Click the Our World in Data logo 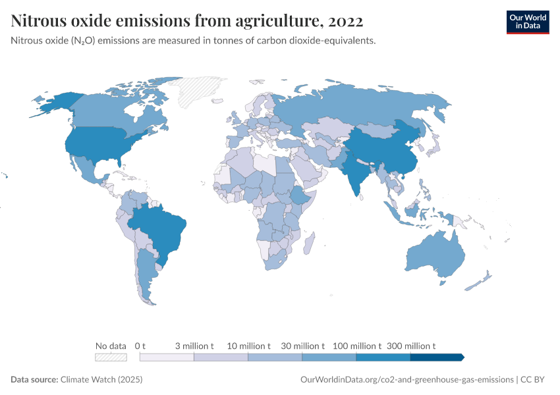pos(527,22)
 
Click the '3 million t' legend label pos(194,346)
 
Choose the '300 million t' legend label pos(410,346)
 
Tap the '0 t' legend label pos(140,346)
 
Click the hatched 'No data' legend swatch pos(111,357)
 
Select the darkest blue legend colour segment pos(436,357)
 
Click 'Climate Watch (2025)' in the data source pos(101,380)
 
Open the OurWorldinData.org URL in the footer pos(406,380)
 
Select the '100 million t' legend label pos(356,346)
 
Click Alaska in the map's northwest pos(55,102)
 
